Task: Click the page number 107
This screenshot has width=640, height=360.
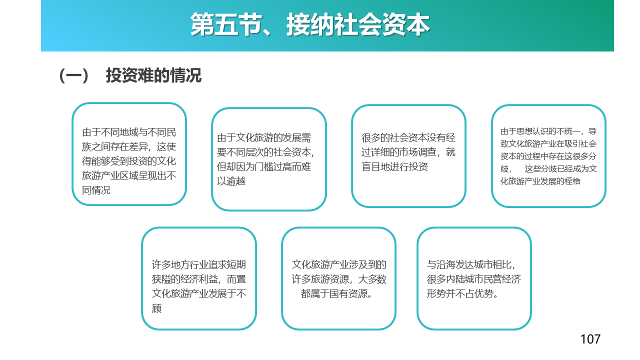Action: tap(590, 339)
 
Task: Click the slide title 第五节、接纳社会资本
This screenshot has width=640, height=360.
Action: tap(310, 24)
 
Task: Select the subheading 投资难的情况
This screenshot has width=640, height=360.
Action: tap(153, 75)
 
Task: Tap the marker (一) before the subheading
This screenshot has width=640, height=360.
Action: tap(73, 76)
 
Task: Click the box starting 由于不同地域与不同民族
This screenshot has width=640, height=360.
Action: tap(129, 154)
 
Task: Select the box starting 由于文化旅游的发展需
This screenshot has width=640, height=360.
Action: tap(269, 159)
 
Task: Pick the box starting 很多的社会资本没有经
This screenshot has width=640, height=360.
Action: tap(408, 156)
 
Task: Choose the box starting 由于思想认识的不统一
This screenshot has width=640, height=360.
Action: tap(548, 156)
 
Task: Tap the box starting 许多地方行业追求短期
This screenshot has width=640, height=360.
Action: tap(199, 278)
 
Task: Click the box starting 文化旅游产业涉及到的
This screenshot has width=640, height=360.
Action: tap(338, 278)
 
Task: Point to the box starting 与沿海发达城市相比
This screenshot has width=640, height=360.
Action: tap(474, 278)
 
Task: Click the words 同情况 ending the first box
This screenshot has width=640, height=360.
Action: tap(96, 190)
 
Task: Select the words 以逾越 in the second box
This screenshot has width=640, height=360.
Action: tap(231, 181)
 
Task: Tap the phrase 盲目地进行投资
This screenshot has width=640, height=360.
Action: tap(394, 166)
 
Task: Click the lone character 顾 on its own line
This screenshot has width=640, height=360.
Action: tap(156, 308)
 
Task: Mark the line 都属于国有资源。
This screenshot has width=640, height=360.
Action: tap(336, 293)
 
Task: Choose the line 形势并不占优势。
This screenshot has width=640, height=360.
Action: tap(462, 293)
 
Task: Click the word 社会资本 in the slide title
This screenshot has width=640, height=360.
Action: tap(382, 24)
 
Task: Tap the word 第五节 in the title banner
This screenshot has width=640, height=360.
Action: tap(226, 24)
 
